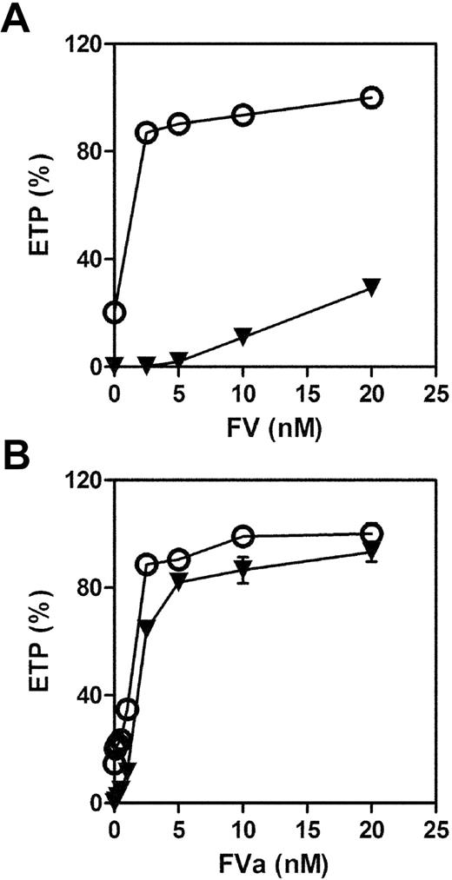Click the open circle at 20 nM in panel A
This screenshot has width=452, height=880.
(371, 97)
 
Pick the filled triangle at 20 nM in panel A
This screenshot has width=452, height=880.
(371, 288)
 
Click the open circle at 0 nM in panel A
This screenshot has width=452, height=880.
(114, 312)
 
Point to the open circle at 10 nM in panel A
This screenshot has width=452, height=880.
(243, 115)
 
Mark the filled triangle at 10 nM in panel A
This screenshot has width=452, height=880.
(243, 335)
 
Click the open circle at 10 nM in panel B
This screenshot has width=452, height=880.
(243, 535)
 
